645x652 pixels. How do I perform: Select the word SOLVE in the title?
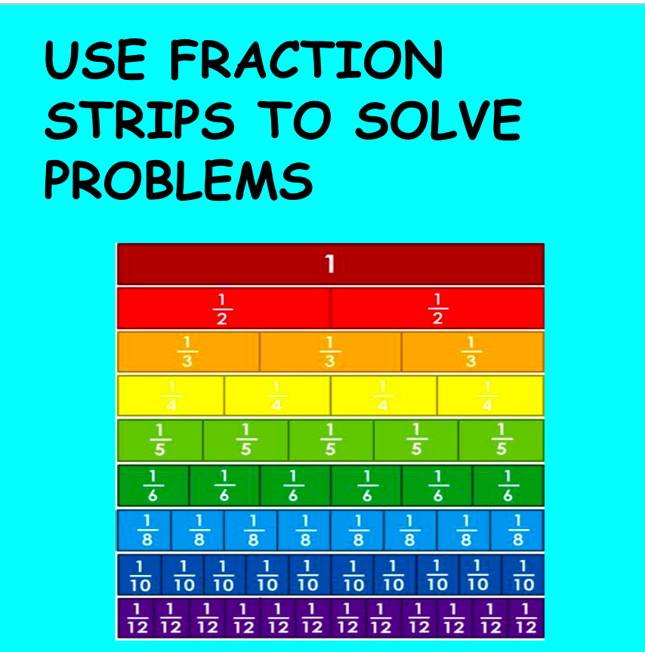pyautogui.click(x=437, y=121)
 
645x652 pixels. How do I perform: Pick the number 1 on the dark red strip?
pyautogui.click(x=330, y=264)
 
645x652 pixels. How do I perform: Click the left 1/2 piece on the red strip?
pyautogui.click(x=223, y=309)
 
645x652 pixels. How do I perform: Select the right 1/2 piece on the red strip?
pyautogui.click(x=437, y=309)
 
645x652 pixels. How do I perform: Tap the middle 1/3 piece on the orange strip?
pyautogui.click(x=330, y=352)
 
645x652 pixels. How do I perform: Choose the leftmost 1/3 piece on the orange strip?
pyautogui.click(x=188, y=352)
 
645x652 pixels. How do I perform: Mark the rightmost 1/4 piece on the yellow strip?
pyautogui.click(x=489, y=396)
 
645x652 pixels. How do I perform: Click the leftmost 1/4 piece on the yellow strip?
pyautogui.click(x=171, y=396)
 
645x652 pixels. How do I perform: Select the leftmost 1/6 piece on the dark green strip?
pyautogui.click(x=153, y=485)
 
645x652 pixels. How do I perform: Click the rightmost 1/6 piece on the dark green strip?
pyautogui.click(x=508, y=485)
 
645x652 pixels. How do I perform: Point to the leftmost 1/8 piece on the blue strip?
pyautogui.click(x=145, y=530)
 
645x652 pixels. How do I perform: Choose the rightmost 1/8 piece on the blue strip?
pyautogui.click(x=517, y=530)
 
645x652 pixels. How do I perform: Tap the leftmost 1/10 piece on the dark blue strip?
pyautogui.click(x=140, y=575)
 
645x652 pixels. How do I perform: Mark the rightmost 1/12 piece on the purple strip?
pyautogui.click(x=527, y=618)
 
